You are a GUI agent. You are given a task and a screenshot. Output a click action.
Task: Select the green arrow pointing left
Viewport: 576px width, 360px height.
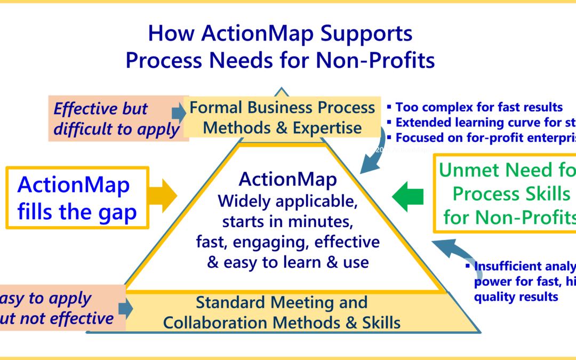click(x=410, y=195)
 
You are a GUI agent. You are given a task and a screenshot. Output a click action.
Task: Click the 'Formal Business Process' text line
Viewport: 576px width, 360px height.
click(x=283, y=107)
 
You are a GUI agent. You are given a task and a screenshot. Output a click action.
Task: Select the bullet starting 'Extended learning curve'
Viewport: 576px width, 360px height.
click(x=483, y=122)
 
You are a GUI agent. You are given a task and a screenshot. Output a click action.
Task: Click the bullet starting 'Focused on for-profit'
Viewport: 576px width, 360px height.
click(x=483, y=138)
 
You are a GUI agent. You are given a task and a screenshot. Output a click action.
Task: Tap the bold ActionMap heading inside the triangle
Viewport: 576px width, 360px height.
click(x=288, y=180)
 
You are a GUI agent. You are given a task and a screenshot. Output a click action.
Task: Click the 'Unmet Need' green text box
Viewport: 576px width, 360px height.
click(x=505, y=194)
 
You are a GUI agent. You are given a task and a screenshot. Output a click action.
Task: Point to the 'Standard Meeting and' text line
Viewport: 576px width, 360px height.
click(x=282, y=302)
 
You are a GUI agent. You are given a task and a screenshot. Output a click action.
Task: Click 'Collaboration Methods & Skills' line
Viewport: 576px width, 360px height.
click(x=282, y=322)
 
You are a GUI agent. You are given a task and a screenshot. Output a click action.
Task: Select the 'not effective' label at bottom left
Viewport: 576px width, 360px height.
click(x=59, y=318)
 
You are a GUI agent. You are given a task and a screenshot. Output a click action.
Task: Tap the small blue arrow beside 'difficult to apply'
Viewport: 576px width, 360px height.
click(x=178, y=113)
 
